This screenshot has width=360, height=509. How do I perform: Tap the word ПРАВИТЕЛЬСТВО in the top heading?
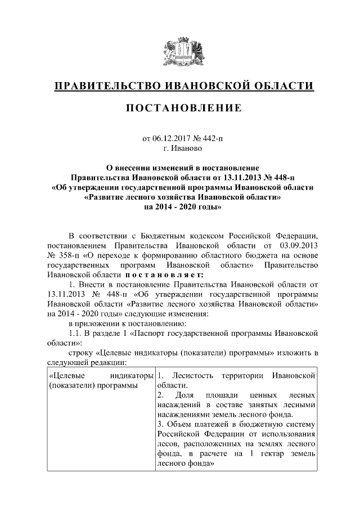coord(106,86)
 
